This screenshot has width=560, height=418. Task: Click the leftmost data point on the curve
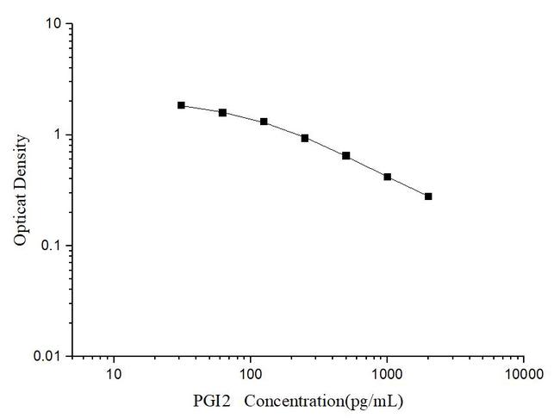click(x=181, y=105)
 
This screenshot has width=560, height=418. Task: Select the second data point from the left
click(x=222, y=112)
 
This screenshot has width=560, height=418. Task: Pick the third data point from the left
click(x=264, y=122)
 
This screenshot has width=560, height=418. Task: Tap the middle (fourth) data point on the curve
click(x=305, y=138)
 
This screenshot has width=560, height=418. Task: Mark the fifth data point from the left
click(x=346, y=156)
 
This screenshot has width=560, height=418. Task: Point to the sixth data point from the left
click(x=388, y=177)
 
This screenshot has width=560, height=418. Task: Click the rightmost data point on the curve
click(x=428, y=197)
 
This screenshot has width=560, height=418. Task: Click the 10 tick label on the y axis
click(x=53, y=24)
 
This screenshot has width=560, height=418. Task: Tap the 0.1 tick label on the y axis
click(x=51, y=246)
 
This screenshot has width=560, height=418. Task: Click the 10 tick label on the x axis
click(x=113, y=375)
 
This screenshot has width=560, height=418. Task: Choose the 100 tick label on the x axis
click(x=250, y=375)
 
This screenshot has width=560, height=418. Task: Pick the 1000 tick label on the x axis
click(x=387, y=375)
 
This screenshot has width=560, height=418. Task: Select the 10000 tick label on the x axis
click(x=523, y=375)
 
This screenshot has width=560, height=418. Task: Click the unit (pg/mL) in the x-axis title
click(x=371, y=402)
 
